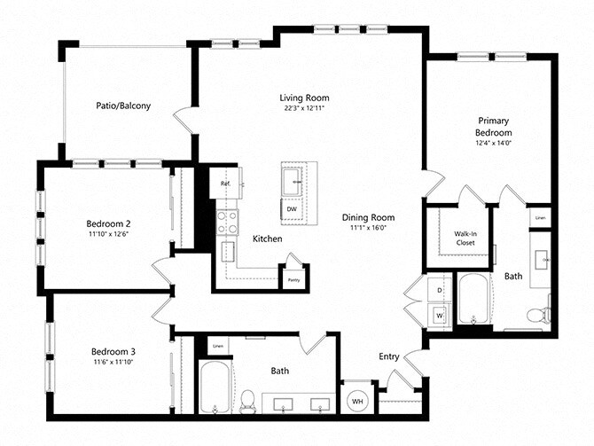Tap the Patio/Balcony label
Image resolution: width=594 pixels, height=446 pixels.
(123, 106)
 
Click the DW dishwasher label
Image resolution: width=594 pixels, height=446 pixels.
(291, 209)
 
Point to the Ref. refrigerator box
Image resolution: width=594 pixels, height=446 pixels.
(226, 184)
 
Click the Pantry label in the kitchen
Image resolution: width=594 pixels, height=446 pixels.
(292, 279)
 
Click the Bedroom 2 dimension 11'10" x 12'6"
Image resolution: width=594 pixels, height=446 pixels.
(109, 234)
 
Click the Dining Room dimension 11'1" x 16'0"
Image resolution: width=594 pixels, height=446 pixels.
(368, 229)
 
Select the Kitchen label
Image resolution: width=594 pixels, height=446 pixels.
(267, 239)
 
